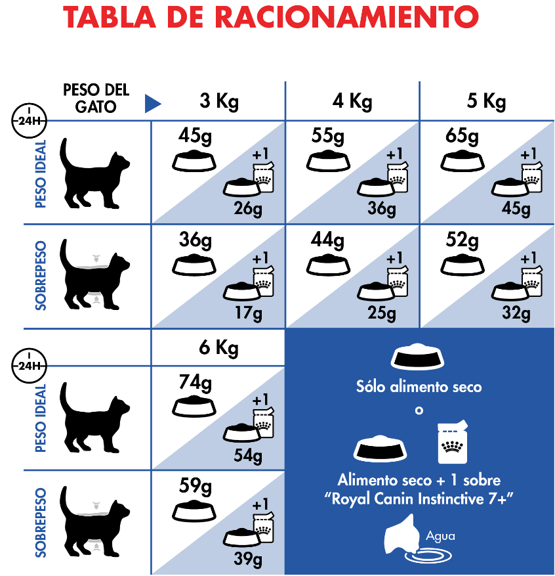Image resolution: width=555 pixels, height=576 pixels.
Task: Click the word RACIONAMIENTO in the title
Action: pos(346,17)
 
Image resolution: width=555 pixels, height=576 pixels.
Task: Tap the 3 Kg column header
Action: pos(219,101)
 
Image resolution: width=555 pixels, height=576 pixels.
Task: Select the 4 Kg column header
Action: pos(352,101)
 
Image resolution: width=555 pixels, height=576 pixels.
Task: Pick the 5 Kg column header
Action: pos(486,101)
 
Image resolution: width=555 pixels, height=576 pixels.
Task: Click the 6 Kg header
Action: pos(218,347)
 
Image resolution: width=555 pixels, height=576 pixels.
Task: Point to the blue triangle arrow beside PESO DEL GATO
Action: pos(153,104)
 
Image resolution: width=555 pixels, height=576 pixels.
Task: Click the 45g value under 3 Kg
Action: pos(195,136)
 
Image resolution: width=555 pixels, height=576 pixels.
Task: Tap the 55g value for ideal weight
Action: pos(327,136)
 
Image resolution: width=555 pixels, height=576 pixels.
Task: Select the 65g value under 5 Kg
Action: pos(462,136)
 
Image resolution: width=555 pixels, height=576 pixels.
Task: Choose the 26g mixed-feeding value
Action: pos(248,209)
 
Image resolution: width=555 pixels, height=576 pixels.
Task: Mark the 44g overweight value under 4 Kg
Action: pos(327,240)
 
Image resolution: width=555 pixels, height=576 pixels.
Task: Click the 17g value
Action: pos(249,313)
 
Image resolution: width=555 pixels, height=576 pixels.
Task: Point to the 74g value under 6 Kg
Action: pos(195,382)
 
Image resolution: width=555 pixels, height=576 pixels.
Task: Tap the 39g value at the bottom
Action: pos(248,559)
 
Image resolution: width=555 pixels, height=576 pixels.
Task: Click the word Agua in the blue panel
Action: pos(440,537)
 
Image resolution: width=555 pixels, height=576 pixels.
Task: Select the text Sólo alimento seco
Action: pos(419,387)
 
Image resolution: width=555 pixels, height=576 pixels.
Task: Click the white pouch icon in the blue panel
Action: pos(452,442)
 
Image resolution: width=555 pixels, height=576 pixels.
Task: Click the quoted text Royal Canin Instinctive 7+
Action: pos(419,499)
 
